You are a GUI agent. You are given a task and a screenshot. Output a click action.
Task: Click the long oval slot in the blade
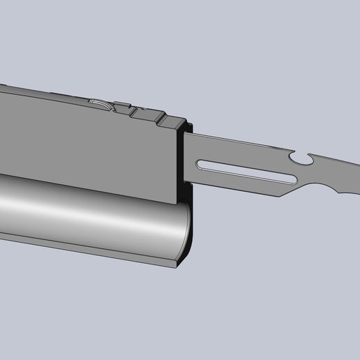point(244,171)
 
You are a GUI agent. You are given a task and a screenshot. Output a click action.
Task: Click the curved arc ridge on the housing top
point(102,105)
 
